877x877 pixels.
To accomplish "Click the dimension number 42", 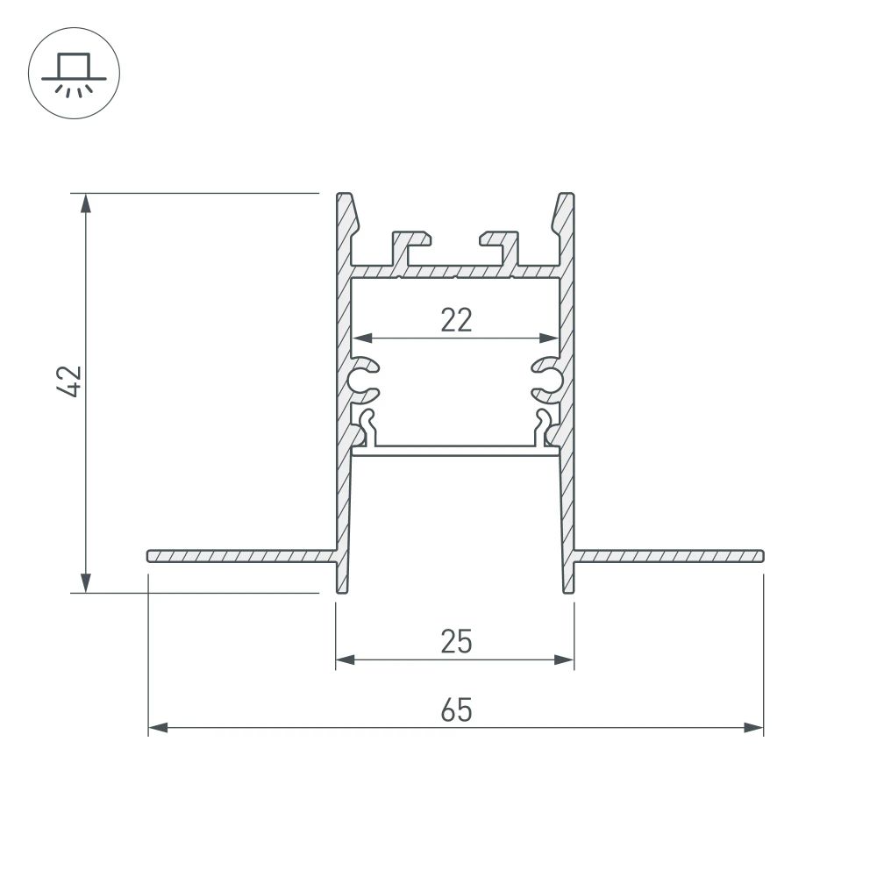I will click(x=71, y=381).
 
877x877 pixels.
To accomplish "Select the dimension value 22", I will click(x=456, y=320).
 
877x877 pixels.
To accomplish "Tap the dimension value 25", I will click(x=456, y=643).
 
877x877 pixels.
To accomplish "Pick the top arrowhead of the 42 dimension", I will click(x=85, y=203).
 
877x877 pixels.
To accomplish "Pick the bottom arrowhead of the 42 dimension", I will click(x=85, y=581).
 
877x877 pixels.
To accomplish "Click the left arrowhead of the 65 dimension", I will click(x=159, y=727).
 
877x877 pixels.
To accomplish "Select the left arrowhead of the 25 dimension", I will click(x=346, y=660).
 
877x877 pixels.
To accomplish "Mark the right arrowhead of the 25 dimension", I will click(x=563, y=660).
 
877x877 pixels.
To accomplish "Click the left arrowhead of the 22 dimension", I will click(x=362, y=338).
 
